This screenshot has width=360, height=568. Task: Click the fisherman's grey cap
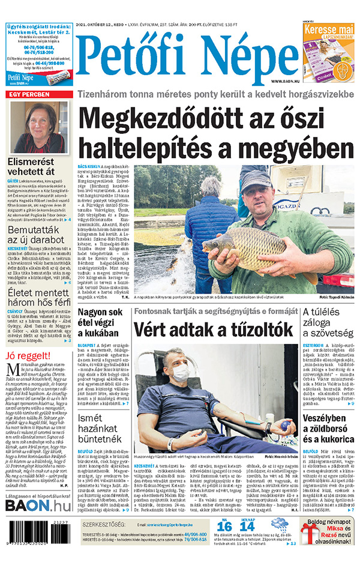[x=256, y=178]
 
